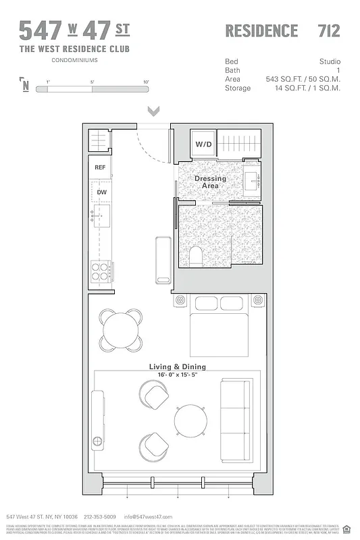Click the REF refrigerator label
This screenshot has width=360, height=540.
[100, 167]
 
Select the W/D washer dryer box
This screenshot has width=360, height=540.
[204, 144]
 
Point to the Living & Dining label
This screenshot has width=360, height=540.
[178, 367]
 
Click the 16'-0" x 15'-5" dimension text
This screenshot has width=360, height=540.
[178, 375]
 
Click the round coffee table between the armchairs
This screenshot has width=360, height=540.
[189, 421]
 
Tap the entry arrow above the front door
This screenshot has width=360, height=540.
[153, 110]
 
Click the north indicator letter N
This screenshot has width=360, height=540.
[25, 85]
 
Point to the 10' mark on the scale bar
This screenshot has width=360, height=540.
[146, 82]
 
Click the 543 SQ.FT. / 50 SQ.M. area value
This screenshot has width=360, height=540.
[303, 79]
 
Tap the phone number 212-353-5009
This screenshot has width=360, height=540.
[100, 516]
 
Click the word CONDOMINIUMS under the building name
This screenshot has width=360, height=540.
[74, 60]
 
